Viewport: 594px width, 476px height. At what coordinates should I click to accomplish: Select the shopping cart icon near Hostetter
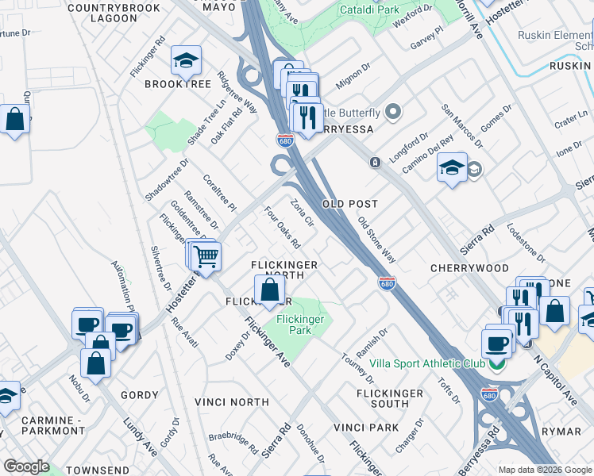206,256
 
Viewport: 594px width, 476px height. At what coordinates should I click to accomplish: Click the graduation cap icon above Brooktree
186,60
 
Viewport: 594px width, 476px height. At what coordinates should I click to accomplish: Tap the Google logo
26,466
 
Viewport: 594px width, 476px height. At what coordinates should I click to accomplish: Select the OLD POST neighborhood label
349,204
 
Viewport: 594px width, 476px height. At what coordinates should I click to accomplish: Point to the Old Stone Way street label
376,240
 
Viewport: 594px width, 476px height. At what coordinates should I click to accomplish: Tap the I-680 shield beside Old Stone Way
387,283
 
